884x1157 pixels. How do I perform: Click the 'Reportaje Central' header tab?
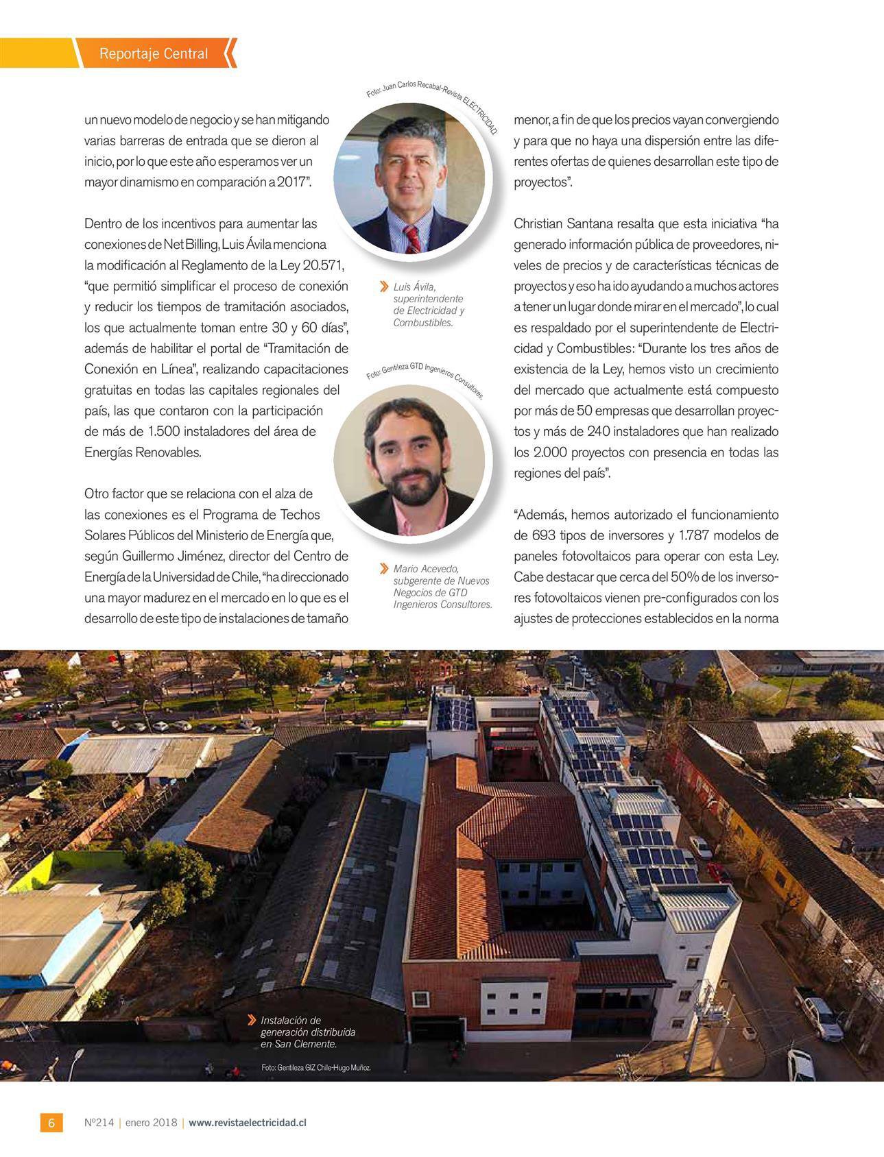pyautogui.click(x=154, y=53)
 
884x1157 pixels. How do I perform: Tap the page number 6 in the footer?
pyautogui.click(x=51, y=1123)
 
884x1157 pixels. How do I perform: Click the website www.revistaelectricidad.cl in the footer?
pyautogui.click(x=248, y=1123)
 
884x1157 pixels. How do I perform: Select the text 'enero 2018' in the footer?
pyautogui.click(x=152, y=1123)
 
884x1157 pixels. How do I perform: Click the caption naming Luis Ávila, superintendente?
pyautogui.click(x=428, y=304)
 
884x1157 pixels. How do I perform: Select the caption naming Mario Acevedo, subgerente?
pyautogui.click(x=442, y=586)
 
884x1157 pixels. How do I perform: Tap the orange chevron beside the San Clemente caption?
pyautogui.click(x=253, y=1021)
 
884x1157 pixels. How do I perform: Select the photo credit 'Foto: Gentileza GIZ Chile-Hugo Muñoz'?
pyautogui.click(x=315, y=1068)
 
